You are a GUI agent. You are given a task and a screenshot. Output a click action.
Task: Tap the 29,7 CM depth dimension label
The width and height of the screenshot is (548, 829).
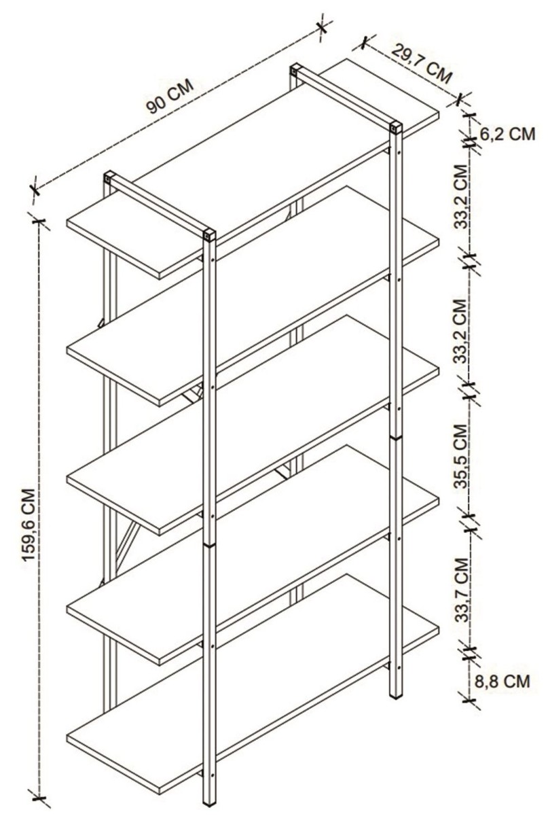422,64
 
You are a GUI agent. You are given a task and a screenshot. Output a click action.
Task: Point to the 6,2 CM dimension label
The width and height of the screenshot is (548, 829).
507,134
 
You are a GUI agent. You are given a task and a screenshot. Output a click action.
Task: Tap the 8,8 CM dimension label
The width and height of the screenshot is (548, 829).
502,680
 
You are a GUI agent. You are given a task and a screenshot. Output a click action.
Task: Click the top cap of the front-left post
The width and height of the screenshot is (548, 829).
209,235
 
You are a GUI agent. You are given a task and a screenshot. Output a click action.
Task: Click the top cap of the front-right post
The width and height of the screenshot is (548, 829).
396,126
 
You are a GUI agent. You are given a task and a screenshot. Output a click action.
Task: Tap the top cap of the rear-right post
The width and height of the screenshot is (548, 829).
296,69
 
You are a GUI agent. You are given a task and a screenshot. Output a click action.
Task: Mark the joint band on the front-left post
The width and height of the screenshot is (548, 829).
209,546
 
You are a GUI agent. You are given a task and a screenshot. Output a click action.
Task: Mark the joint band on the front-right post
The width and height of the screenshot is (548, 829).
396,438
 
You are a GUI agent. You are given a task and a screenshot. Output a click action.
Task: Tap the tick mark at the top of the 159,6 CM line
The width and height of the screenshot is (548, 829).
39,222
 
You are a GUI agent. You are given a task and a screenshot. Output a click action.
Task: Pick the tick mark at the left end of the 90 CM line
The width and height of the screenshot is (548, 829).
35,190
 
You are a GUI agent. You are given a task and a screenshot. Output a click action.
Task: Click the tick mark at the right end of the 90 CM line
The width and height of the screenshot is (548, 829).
322,27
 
